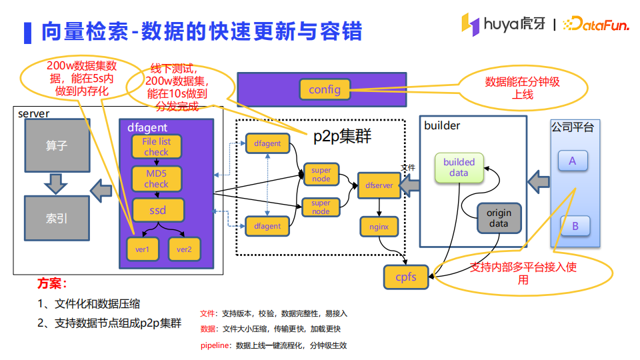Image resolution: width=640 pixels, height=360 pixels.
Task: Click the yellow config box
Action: (325, 89)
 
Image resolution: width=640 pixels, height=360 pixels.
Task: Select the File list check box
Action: (156, 147)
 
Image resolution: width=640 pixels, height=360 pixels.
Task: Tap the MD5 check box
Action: (157, 179)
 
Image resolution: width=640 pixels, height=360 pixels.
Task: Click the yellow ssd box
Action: (157, 210)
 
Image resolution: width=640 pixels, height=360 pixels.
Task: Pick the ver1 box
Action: (143, 249)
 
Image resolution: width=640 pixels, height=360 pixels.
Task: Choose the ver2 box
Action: (184, 249)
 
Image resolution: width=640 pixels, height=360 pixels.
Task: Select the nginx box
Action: (379, 227)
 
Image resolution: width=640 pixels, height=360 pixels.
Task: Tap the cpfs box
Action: (405, 277)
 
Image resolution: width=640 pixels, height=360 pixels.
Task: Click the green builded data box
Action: (459, 167)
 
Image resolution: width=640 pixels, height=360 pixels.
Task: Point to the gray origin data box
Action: (499, 218)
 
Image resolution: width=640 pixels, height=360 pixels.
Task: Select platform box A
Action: (573, 161)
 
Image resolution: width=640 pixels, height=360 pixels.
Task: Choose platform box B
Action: (575, 226)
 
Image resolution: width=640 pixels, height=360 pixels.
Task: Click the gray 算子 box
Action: (57, 145)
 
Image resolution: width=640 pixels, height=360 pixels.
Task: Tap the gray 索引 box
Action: (57, 218)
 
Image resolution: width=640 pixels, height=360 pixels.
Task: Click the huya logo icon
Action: (470, 25)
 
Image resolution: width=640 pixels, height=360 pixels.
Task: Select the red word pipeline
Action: (213, 345)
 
